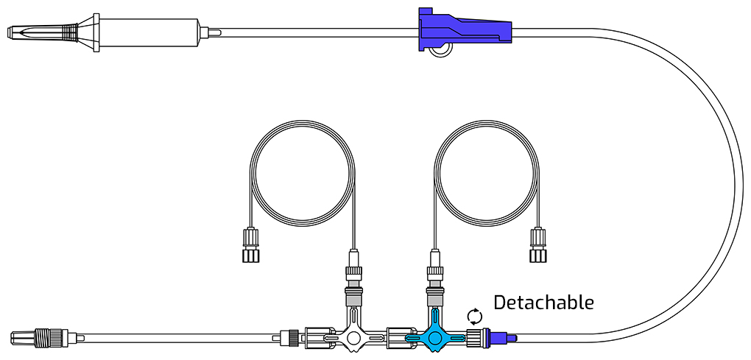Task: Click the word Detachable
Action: [543, 303]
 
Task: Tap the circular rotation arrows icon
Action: [474, 317]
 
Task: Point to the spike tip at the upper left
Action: [9, 32]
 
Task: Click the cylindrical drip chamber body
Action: [150, 32]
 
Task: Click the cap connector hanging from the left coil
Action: [251, 244]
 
